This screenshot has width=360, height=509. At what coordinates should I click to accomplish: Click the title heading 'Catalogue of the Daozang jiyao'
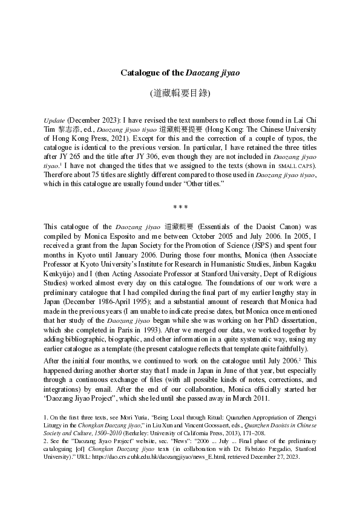click(x=180, y=73)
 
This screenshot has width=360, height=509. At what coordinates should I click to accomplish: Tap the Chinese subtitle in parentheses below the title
click(x=180, y=94)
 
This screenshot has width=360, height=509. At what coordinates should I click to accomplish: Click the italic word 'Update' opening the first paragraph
click(x=55, y=120)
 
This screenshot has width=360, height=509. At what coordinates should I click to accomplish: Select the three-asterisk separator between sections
click(x=180, y=207)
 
